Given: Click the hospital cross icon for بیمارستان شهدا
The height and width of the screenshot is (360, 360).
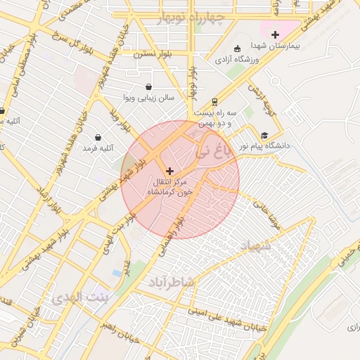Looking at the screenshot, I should (x=275, y=34).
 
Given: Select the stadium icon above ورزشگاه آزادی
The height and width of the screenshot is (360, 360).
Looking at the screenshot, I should (x=237, y=49).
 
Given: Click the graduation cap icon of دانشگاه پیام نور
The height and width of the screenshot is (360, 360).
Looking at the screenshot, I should (x=264, y=136).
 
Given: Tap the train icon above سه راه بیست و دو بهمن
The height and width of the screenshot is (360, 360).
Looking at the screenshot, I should (x=214, y=102).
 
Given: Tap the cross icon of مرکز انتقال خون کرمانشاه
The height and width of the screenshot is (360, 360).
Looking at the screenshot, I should (x=169, y=171).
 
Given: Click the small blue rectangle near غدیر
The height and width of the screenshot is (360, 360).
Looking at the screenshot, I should (x=116, y=273).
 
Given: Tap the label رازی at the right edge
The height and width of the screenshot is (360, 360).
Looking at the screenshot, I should (x=352, y=327).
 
